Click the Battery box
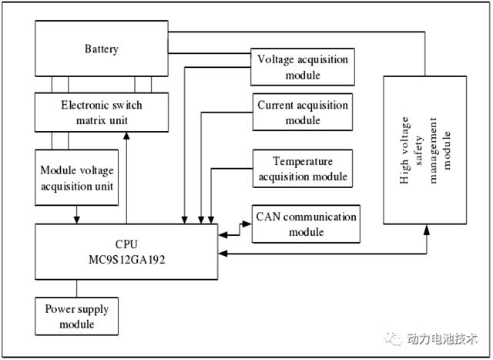102,49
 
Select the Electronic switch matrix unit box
102,113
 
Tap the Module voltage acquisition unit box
77,177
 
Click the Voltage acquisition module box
303,67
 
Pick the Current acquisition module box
303,112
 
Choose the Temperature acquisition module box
303,168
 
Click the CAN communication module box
306,224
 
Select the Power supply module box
77,316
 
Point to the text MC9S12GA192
126,260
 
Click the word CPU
126,244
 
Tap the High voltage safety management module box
424,150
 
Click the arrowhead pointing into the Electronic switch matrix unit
126,136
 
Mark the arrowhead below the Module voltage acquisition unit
77,220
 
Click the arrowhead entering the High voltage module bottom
427,230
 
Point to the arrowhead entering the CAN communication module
246,224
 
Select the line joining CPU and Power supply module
77,288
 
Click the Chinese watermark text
442,338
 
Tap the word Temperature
303,161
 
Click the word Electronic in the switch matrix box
82,105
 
